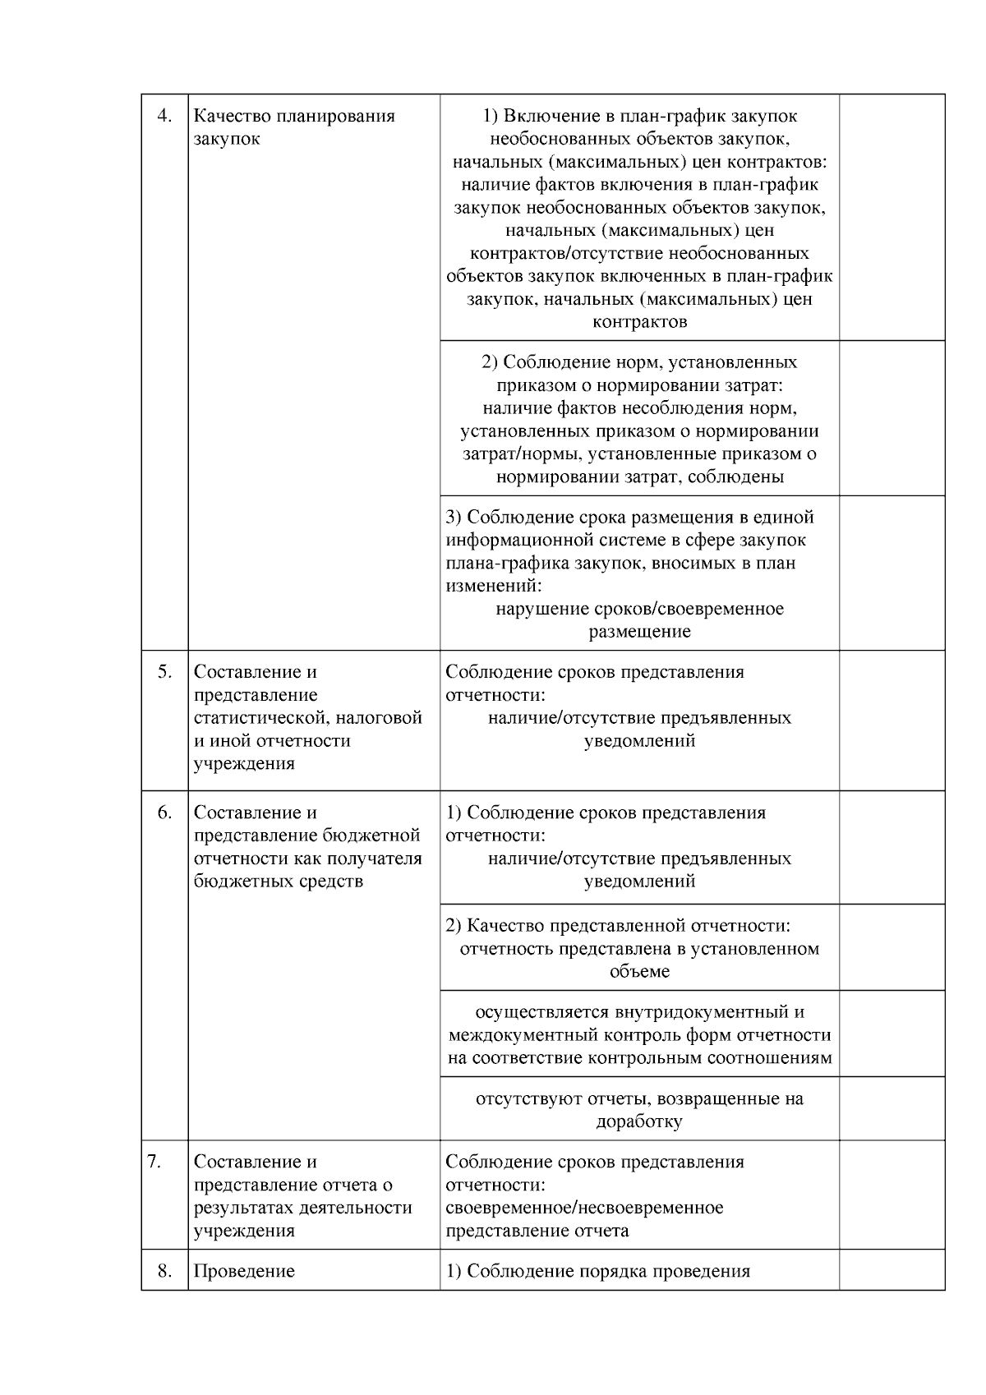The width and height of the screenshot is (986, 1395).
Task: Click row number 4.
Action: [x=164, y=116]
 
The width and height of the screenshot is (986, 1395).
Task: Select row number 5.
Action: [x=164, y=671]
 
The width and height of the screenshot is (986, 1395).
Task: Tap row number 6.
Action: [x=164, y=813]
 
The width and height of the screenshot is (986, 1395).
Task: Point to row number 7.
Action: [x=154, y=1162]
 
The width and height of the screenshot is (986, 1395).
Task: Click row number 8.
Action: [x=164, y=1271]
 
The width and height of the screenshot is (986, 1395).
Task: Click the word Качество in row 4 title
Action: [x=233, y=116]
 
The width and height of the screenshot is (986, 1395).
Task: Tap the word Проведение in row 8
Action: [x=244, y=1271]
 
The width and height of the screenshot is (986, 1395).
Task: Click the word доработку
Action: [x=639, y=1121]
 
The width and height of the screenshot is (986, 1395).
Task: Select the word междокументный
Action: [x=516, y=1035]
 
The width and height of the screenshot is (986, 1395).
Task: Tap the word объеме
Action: [x=639, y=971]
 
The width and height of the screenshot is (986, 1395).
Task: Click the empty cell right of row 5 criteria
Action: [x=892, y=721]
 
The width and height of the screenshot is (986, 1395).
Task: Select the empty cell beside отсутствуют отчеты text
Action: [x=892, y=1108]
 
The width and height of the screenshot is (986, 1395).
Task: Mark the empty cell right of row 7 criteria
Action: [x=892, y=1195]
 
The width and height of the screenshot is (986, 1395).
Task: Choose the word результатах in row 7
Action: [x=244, y=1208]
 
